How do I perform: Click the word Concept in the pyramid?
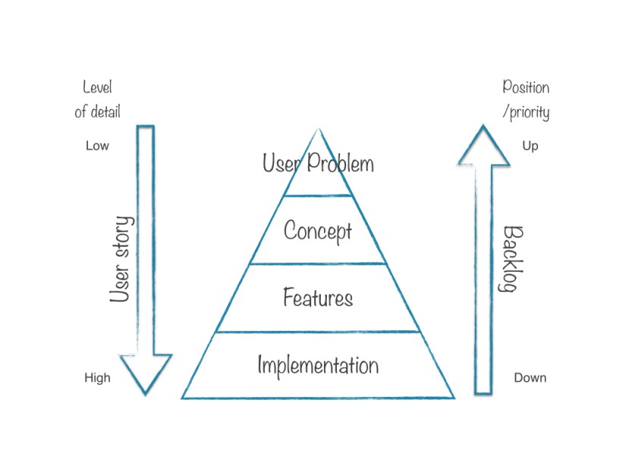(x=317, y=231)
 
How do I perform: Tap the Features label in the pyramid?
(x=318, y=297)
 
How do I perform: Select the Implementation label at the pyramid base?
(x=318, y=365)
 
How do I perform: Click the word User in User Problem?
(x=278, y=162)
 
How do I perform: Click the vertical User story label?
(x=121, y=259)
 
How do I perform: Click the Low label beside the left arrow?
(x=97, y=146)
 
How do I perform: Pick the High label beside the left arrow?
(x=97, y=378)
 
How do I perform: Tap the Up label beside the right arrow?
(x=530, y=146)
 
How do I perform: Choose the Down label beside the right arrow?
(x=530, y=378)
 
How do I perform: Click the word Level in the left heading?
(x=97, y=88)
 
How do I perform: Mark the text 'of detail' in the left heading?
(x=97, y=112)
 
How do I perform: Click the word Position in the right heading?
(x=526, y=88)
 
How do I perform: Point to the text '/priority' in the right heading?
(x=526, y=112)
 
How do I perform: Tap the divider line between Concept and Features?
(x=318, y=264)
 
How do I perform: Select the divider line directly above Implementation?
(x=318, y=332)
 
